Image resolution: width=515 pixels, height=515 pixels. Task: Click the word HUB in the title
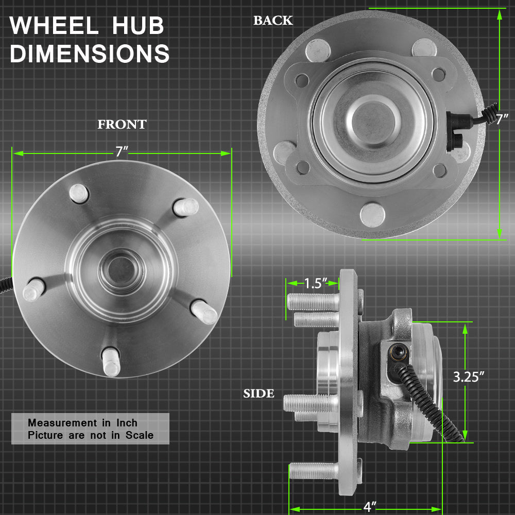pos(138,25)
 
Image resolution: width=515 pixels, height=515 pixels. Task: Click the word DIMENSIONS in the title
pos(90,53)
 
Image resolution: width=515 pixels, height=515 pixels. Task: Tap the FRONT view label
pos(122,125)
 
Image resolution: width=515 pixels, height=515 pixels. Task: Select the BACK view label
pos(273,21)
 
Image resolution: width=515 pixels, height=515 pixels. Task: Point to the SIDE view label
pos(259,393)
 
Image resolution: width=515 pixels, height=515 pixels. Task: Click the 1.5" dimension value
pos(316,283)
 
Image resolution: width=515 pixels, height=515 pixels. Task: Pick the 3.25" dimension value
pos(469,377)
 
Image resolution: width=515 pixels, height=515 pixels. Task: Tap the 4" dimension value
pos(370,507)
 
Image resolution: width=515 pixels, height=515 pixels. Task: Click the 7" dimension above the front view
pos(121,152)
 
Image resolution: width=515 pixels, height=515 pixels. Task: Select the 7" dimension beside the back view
pos(502,119)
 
